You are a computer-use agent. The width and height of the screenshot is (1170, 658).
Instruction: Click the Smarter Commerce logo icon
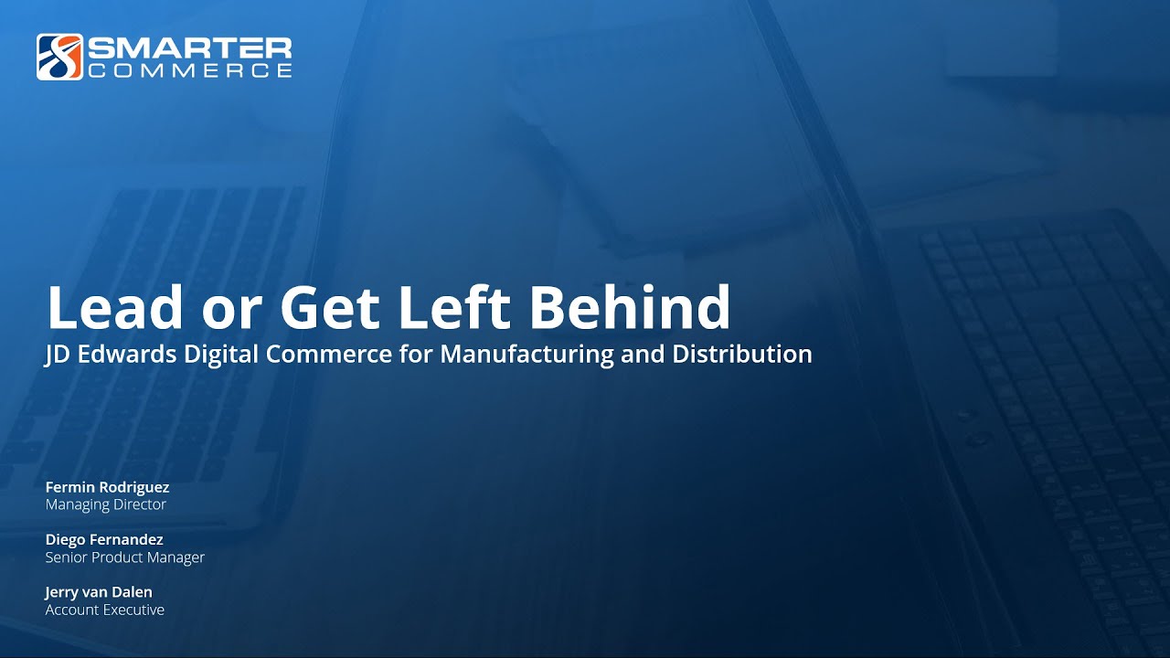coord(59,57)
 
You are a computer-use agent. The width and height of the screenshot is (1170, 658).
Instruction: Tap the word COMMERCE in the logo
coord(189,70)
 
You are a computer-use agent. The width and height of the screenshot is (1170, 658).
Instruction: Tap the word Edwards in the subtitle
coord(128,355)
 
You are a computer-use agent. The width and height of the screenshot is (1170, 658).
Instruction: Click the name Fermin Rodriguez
coord(107,487)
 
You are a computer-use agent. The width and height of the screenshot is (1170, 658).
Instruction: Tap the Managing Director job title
coord(106,504)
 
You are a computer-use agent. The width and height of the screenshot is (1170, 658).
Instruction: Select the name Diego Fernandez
coord(104,540)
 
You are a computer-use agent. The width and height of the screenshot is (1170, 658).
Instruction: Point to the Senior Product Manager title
coord(125,557)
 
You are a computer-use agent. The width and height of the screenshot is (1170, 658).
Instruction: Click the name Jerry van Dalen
coord(99,592)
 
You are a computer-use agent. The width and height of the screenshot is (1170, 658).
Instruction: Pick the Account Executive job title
coord(105,610)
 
